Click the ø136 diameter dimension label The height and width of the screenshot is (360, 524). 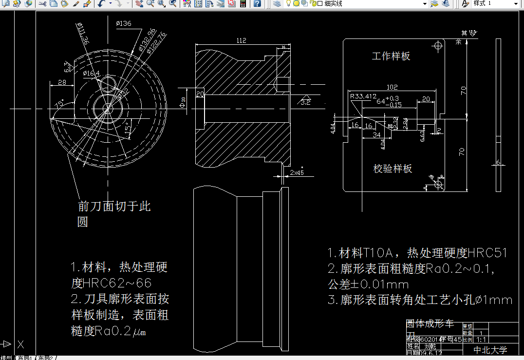[x=124, y=23]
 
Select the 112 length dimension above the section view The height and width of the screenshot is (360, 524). [x=241, y=40]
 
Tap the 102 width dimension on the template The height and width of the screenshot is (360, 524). [x=392, y=87]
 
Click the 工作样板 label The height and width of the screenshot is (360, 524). [x=391, y=56]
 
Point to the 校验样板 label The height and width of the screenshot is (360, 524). [x=393, y=169]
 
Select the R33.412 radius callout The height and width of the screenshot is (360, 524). [x=363, y=96]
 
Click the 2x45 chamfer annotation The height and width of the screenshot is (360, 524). [x=297, y=172]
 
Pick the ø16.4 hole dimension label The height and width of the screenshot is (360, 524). [x=91, y=73]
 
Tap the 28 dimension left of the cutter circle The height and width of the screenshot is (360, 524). [x=62, y=82]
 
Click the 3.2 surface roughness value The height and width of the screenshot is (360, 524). [x=305, y=102]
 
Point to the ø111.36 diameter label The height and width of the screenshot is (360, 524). [x=83, y=35]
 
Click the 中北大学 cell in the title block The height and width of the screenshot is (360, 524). [x=490, y=350]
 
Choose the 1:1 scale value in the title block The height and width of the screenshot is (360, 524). [x=481, y=340]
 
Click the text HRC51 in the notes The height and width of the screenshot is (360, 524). [x=488, y=253]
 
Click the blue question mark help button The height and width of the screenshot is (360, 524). [x=257, y=3]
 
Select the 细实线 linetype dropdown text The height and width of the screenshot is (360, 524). [x=333, y=3]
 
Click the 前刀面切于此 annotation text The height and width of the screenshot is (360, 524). [x=114, y=206]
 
